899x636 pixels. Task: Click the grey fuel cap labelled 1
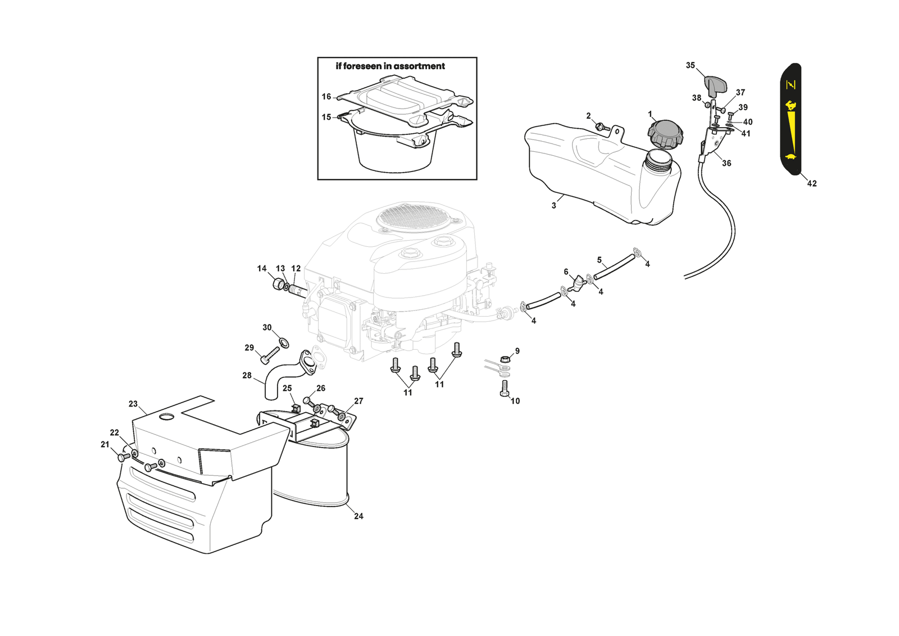tap(665, 133)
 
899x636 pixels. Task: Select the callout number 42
tap(811, 183)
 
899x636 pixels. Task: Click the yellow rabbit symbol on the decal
tap(791, 105)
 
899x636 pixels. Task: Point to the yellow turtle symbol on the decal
tap(791, 156)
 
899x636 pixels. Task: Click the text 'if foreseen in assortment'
tap(390, 66)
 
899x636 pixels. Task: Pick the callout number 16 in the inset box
tap(326, 97)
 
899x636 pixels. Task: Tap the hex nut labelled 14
tap(278, 284)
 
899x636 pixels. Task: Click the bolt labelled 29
tap(270, 355)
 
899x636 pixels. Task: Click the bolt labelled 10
tap(504, 389)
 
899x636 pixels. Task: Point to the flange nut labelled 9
tap(505, 358)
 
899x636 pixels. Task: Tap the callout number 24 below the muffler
tap(358, 516)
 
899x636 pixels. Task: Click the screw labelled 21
tap(122, 457)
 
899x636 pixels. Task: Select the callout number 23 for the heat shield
tap(133, 404)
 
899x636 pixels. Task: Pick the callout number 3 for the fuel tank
tap(553, 205)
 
